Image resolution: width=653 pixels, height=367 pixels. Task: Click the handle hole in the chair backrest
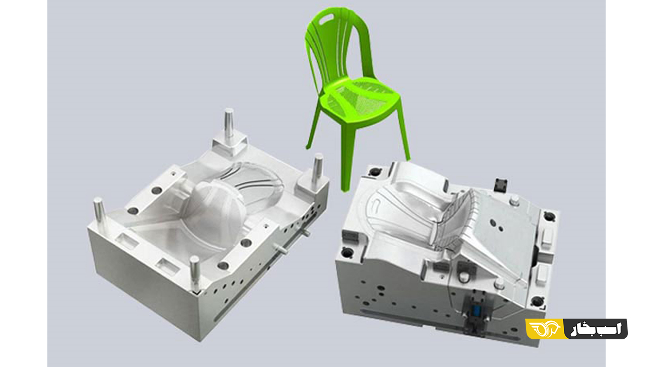coord(326,19)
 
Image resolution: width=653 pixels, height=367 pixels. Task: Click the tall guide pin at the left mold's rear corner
coord(229,123)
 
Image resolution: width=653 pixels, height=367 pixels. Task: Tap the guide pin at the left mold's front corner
coord(195,272)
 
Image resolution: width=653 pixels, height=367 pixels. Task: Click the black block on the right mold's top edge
coord(501,185)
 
